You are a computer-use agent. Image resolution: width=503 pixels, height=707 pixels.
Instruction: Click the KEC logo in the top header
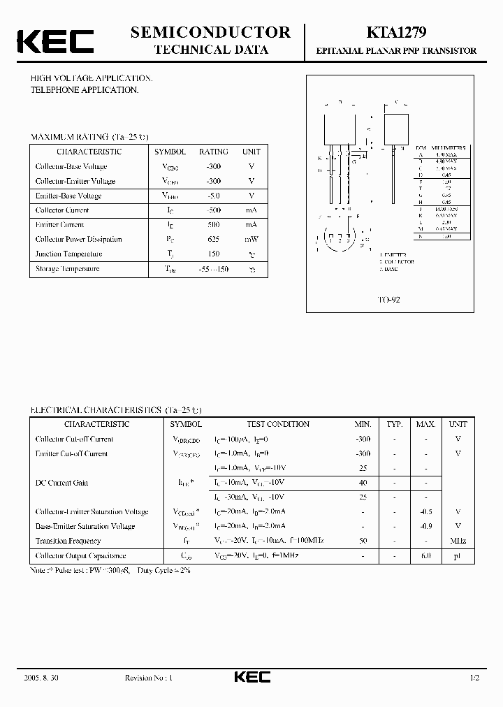point(55,41)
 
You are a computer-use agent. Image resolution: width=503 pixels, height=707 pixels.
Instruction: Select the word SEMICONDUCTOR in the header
point(210,32)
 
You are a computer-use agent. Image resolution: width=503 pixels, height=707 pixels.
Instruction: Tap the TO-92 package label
point(389,298)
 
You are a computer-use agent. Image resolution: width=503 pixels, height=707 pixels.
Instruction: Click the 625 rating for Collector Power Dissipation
point(213,239)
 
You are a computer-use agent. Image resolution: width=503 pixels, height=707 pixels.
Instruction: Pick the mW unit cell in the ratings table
point(251,239)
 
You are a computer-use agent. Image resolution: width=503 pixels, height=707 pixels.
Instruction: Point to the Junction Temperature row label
point(68,254)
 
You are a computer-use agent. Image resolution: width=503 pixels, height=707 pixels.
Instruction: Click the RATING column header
point(213,152)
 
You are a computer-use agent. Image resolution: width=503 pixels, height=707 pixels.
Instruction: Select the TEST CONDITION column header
point(277,424)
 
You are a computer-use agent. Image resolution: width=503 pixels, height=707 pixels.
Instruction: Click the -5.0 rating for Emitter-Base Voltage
point(213,196)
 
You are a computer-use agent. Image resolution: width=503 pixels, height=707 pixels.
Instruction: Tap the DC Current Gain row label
point(61,483)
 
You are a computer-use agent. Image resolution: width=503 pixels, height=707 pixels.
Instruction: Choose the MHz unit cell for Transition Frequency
point(458,541)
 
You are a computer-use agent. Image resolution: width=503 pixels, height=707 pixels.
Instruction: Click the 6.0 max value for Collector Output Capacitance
point(425,555)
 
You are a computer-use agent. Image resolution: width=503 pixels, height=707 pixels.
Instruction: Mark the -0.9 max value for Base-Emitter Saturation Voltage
point(425,526)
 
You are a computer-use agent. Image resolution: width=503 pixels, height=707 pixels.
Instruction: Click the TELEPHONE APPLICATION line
point(85,90)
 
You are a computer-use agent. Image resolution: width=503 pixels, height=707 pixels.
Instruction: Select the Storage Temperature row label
point(67,268)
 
